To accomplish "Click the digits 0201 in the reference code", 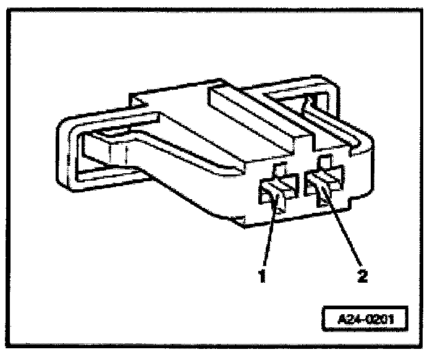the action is [x=379, y=322].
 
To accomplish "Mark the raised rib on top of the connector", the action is [x=260, y=114].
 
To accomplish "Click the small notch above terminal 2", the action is [x=324, y=163].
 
